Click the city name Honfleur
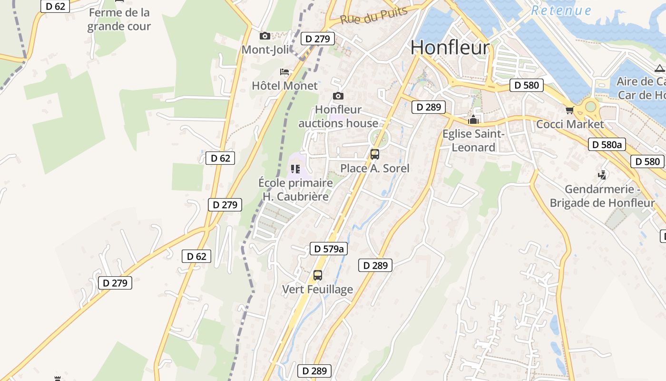click(450, 47)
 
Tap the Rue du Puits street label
click(374, 16)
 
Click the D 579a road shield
click(328, 248)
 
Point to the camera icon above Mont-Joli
click(265, 36)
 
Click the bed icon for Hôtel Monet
click(284, 72)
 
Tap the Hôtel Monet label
click(284, 86)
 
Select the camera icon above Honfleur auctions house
click(338, 96)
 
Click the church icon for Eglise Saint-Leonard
click(473, 120)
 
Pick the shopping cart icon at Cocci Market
click(569, 110)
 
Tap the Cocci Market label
click(569, 124)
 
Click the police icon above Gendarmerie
click(602, 175)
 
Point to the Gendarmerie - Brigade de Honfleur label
click(602, 196)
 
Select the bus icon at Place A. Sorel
click(375, 154)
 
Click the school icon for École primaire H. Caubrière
click(295, 169)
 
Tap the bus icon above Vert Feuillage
click(317, 275)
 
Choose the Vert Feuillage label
click(317, 289)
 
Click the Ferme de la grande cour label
click(119, 19)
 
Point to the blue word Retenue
click(561, 10)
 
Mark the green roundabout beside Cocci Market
click(590, 107)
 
